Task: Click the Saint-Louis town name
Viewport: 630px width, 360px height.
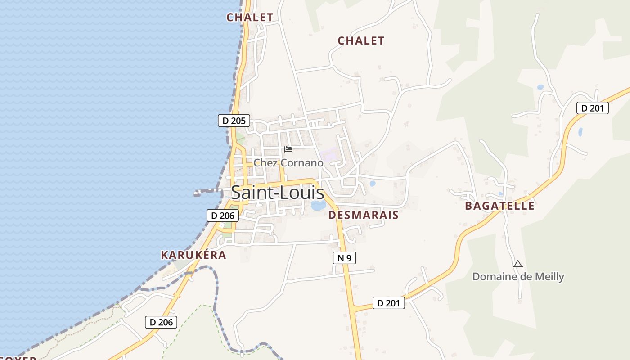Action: [x=277, y=193]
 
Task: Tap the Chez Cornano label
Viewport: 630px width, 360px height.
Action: [x=288, y=163]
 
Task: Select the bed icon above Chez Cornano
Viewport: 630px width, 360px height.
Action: [x=288, y=149]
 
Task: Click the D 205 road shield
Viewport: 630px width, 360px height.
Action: [x=234, y=121]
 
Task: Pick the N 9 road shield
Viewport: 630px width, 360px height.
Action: [x=344, y=258]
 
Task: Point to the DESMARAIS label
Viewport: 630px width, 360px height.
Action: [x=364, y=215]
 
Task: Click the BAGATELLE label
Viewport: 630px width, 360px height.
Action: [x=499, y=206]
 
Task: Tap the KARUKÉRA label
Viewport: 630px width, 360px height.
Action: [x=193, y=255]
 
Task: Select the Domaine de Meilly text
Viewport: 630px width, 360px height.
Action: [x=518, y=276]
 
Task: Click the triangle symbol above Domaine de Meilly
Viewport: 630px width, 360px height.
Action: [x=518, y=264]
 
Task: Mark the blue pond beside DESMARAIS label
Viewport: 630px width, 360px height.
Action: [x=319, y=205]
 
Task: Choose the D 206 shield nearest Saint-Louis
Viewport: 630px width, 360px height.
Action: [x=223, y=216]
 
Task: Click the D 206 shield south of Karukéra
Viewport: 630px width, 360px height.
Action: [x=161, y=322]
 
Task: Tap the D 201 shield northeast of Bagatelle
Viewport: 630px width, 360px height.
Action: [x=593, y=108]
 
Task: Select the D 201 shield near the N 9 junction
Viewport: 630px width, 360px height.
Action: [x=389, y=303]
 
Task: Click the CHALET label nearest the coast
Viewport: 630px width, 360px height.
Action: [x=250, y=18]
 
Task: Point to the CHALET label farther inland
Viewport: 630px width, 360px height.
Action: [x=361, y=41]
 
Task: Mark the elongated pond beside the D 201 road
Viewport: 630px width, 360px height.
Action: [x=580, y=132]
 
